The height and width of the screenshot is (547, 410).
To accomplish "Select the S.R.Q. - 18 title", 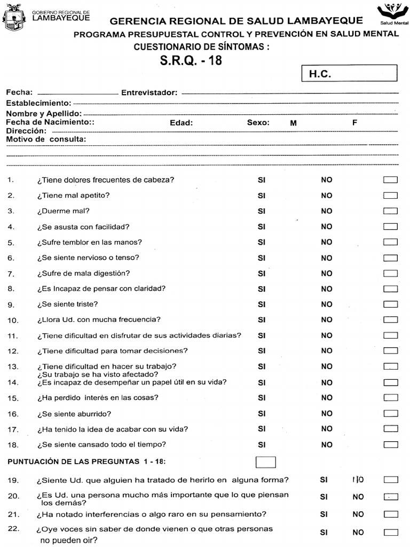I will point(191,60).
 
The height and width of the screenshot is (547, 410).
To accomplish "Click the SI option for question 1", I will point(262,180).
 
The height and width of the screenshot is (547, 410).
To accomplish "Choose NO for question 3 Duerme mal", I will point(326,211).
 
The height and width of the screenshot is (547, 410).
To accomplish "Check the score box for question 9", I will point(391,304).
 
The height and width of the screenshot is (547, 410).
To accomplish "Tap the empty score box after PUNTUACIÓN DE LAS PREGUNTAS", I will point(266,462).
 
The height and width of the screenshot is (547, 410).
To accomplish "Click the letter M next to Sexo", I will point(293,123).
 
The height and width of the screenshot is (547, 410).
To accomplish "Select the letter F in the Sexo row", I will point(354,122).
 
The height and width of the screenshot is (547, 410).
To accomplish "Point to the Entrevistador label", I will point(149,92).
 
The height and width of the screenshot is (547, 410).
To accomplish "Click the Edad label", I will point(181,122).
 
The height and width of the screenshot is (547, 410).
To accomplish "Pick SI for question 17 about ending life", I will point(262,428).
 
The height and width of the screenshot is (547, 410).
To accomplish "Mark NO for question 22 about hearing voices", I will point(358,532).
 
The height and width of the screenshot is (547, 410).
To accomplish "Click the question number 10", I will point(13,321).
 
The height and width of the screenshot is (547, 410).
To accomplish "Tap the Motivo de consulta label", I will point(46,139).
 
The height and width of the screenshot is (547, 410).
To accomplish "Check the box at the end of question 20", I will point(391,496).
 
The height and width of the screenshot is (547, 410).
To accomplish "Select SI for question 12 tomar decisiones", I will point(262,351).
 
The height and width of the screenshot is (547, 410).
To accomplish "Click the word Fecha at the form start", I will point(19,92).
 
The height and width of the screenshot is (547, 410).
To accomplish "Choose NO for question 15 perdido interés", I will point(326,397).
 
